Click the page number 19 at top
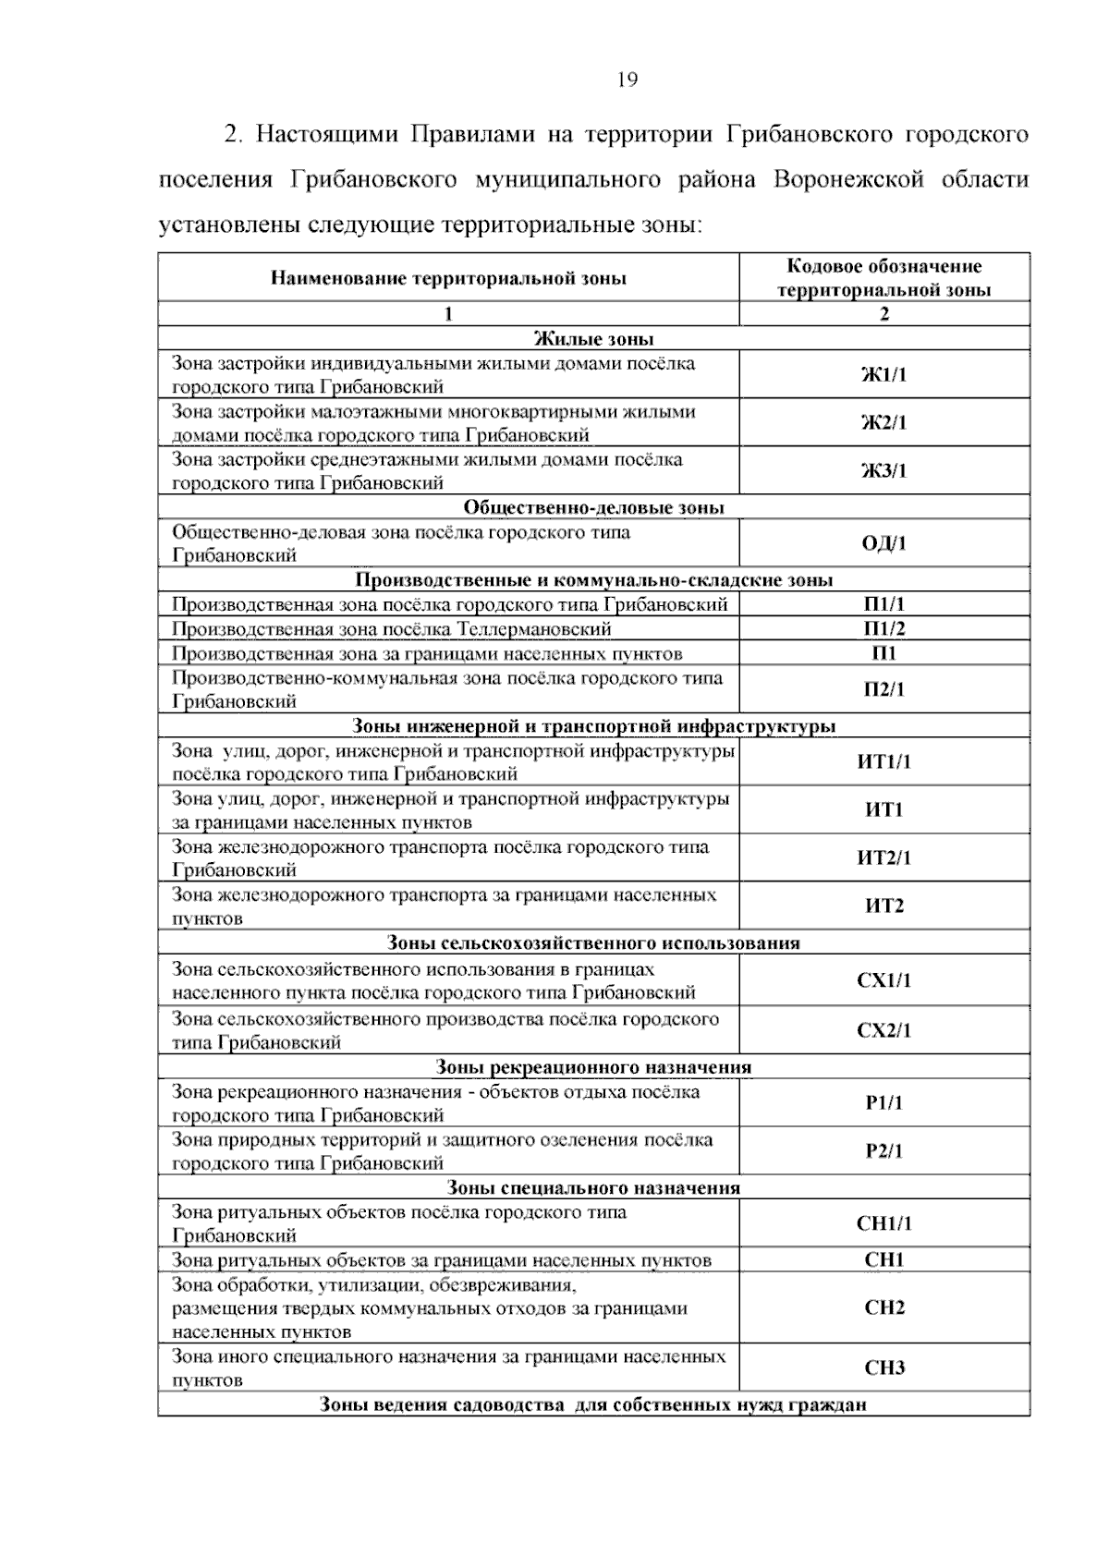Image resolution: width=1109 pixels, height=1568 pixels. click(627, 80)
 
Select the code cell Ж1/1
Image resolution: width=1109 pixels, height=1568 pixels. click(884, 375)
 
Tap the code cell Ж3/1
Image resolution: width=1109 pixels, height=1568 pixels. click(884, 471)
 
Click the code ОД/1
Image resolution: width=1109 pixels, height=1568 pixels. click(884, 543)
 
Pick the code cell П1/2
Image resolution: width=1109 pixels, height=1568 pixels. click(884, 629)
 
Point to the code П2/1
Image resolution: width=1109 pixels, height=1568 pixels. click(884, 689)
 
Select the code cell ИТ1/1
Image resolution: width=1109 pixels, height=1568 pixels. click(884, 762)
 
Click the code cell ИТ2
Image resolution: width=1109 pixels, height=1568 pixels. click(884, 906)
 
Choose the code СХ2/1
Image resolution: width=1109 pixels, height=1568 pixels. click(884, 1030)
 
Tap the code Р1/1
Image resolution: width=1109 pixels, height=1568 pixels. click(884, 1103)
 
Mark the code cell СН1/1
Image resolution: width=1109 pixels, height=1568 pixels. click(884, 1223)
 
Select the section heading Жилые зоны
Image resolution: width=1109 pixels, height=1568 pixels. click(593, 339)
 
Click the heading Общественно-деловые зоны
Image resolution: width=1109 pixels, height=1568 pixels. click(593, 507)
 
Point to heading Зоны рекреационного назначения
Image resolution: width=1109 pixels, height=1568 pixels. click(593, 1067)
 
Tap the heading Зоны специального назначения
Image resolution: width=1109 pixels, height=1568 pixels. click(593, 1187)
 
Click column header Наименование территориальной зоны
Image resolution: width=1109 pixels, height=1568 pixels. click(448, 278)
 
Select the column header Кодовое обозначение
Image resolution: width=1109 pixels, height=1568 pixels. click(884, 267)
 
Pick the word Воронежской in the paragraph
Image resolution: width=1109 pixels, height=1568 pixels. click(848, 178)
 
